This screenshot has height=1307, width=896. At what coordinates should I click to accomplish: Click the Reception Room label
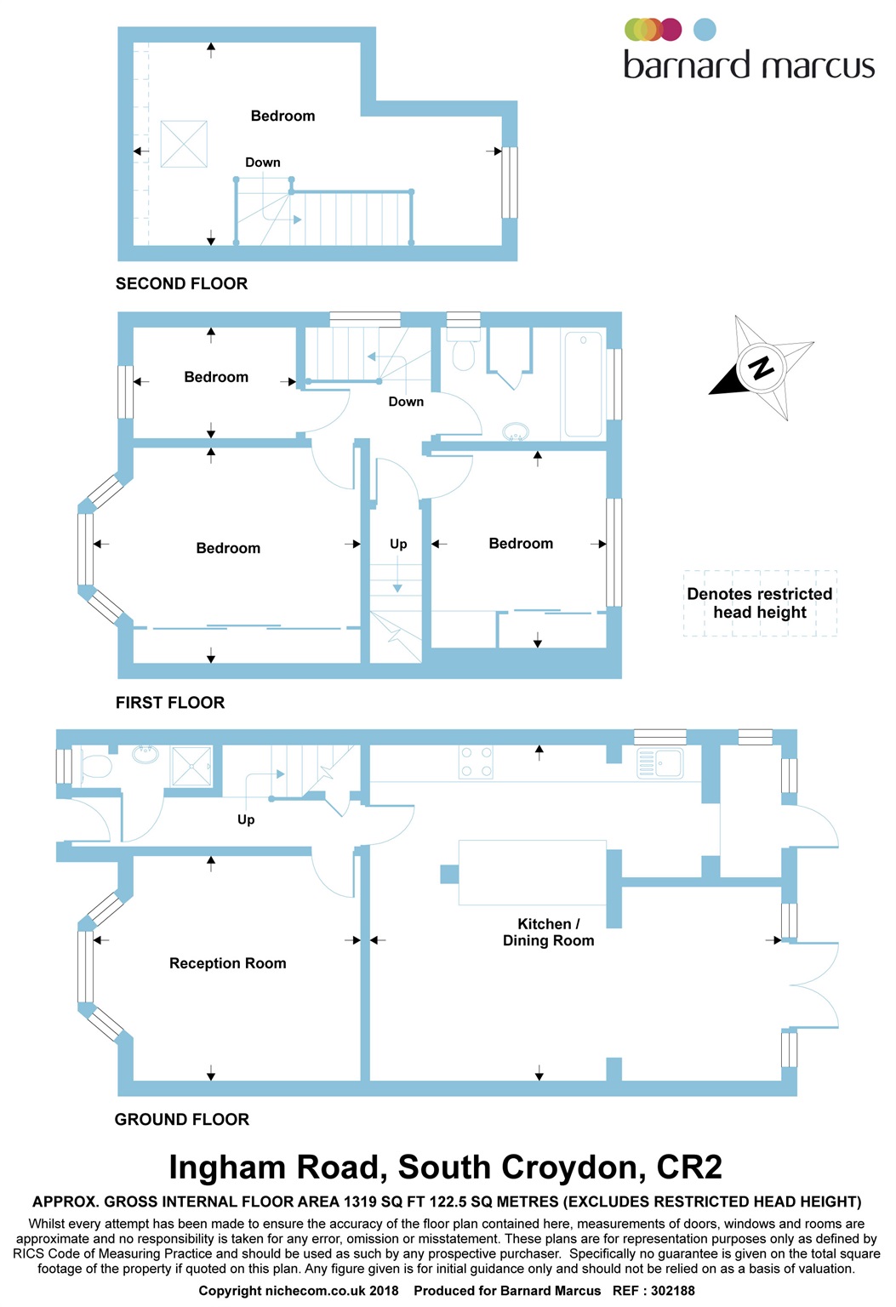tap(227, 962)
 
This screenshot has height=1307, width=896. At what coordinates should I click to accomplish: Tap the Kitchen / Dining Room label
tap(548, 932)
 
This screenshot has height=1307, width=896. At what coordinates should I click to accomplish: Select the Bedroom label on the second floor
tap(282, 116)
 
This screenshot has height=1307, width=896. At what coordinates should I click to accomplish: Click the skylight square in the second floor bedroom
tap(184, 144)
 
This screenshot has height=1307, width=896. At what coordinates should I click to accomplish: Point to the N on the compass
tap(761, 368)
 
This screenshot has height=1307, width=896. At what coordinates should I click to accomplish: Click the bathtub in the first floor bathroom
tap(584, 385)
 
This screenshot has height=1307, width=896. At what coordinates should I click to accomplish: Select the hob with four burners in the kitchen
tap(476, 762)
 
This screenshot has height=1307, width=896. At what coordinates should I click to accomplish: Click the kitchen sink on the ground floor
tap(659, 762)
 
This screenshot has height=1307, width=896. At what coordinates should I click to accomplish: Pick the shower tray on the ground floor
tap(191, 766)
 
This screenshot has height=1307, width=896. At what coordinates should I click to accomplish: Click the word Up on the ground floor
tap(246, 819)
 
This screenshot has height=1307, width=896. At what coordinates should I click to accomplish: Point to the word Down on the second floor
tap(262, 163)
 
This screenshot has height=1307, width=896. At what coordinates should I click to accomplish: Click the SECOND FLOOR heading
tap(181, 283)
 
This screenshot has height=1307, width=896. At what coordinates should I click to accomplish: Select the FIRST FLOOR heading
tap(169, 703)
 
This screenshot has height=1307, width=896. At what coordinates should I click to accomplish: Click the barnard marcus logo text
tap(749, 64)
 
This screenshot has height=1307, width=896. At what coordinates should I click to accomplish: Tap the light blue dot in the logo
tap(705, 29)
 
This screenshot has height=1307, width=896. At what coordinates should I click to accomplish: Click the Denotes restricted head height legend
tap(760, 602)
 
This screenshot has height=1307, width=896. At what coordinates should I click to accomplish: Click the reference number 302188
tap(672, 1291)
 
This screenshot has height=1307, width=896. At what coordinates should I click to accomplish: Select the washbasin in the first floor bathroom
tap(516, 431)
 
